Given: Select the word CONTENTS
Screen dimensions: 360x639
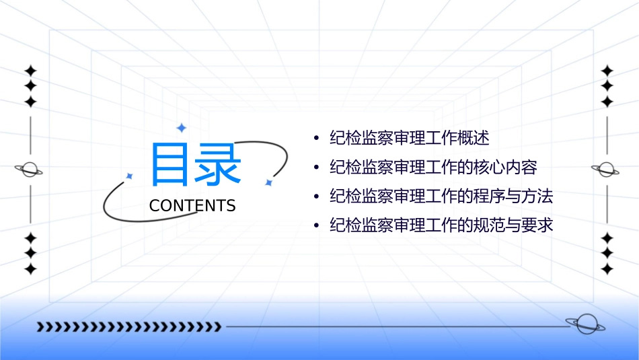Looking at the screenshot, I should [x=192, y=206].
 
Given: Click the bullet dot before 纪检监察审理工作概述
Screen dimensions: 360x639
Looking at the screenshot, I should [x=316, y=139].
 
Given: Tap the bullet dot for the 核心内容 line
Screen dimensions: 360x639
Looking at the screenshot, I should [x=316, y=168].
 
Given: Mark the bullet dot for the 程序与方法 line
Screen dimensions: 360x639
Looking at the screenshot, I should [x=316, y=197].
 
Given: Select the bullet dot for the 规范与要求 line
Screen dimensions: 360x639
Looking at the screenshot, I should [x=316, y=225].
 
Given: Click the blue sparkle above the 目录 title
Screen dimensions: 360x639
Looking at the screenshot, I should [x=180, y=127].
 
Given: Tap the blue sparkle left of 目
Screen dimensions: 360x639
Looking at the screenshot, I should [x=130, y=176].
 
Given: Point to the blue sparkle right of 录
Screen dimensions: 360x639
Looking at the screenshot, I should [x=268, y=182].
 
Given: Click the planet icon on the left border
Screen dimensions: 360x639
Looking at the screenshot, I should [x=30, y=170].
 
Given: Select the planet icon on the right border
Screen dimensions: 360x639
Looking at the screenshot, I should [x=606, y=170].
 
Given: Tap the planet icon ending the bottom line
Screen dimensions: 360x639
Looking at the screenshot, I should [x=585, y=325].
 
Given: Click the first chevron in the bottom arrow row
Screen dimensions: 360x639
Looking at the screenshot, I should [x=40, y=327].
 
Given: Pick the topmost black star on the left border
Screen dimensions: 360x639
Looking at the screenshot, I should [x=30, y=71].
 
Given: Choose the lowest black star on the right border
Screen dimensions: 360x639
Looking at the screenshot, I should [x=607, y=269].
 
